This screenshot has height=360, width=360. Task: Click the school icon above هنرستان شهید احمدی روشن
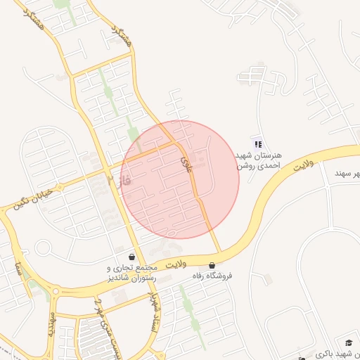point(257,143)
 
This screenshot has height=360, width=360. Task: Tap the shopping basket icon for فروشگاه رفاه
point(212,265)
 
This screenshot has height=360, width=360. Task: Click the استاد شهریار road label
point(154,314)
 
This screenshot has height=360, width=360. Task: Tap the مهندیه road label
point(51,323)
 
